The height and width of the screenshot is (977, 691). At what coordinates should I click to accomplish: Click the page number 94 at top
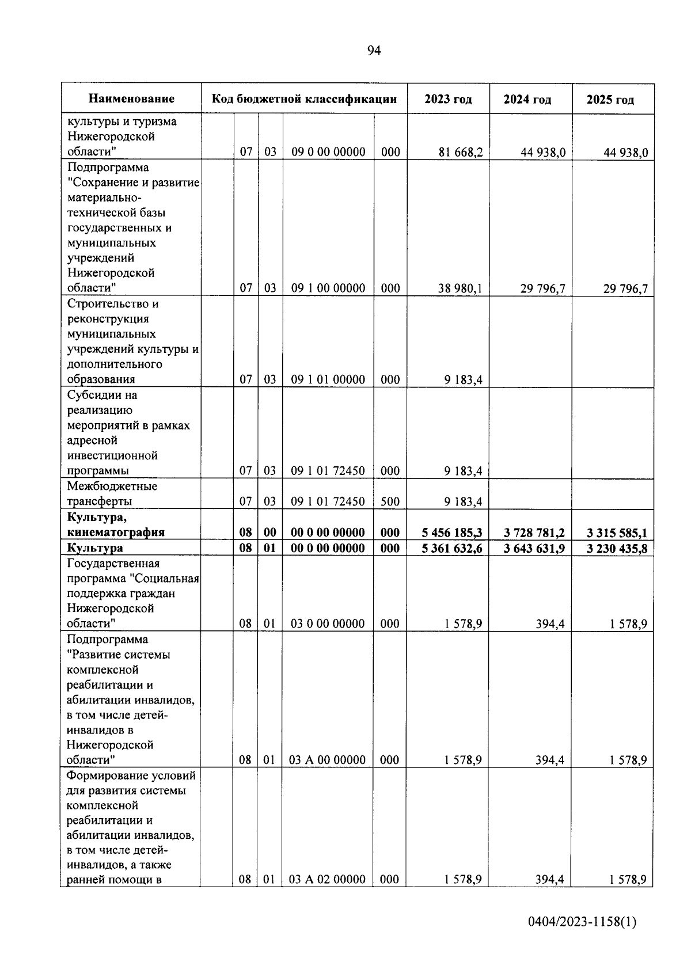(x=374, y=51)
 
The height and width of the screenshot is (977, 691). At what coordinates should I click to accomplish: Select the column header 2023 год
(x=448, y=99)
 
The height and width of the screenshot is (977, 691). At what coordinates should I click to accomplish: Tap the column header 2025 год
(x=610, y=100)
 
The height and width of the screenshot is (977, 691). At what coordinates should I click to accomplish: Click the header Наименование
(x=131, y=99)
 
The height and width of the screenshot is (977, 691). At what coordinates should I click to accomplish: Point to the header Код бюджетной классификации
(x=304, y=99)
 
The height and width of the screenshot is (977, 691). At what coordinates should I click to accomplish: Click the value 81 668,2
(x=460, y=152)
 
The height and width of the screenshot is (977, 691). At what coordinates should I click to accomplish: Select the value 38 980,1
(x=460, y=288)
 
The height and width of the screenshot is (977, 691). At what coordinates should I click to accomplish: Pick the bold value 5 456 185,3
(x=452, y=533)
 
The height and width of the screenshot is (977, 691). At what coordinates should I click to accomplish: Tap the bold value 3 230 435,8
(x=617, y=549)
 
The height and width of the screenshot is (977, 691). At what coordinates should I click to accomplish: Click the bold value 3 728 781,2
(x=534, y=533)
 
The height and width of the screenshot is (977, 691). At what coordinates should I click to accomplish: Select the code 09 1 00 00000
(x=328, y=288)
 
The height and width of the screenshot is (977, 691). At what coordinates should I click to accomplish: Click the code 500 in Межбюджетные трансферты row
(x=390, y=501)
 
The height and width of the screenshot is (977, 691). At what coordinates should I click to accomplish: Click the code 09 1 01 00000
(x=328, y=379)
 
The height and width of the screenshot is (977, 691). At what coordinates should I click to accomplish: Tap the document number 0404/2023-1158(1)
(x=582, y=922)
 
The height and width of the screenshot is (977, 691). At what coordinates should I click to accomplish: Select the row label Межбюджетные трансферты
(x=112, y=494)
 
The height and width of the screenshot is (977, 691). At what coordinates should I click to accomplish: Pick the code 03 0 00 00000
(x=327, y=624)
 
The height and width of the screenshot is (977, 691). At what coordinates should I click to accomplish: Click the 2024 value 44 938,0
(x=543, y=152)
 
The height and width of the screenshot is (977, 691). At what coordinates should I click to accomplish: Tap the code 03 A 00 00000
(x=326, y=760)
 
